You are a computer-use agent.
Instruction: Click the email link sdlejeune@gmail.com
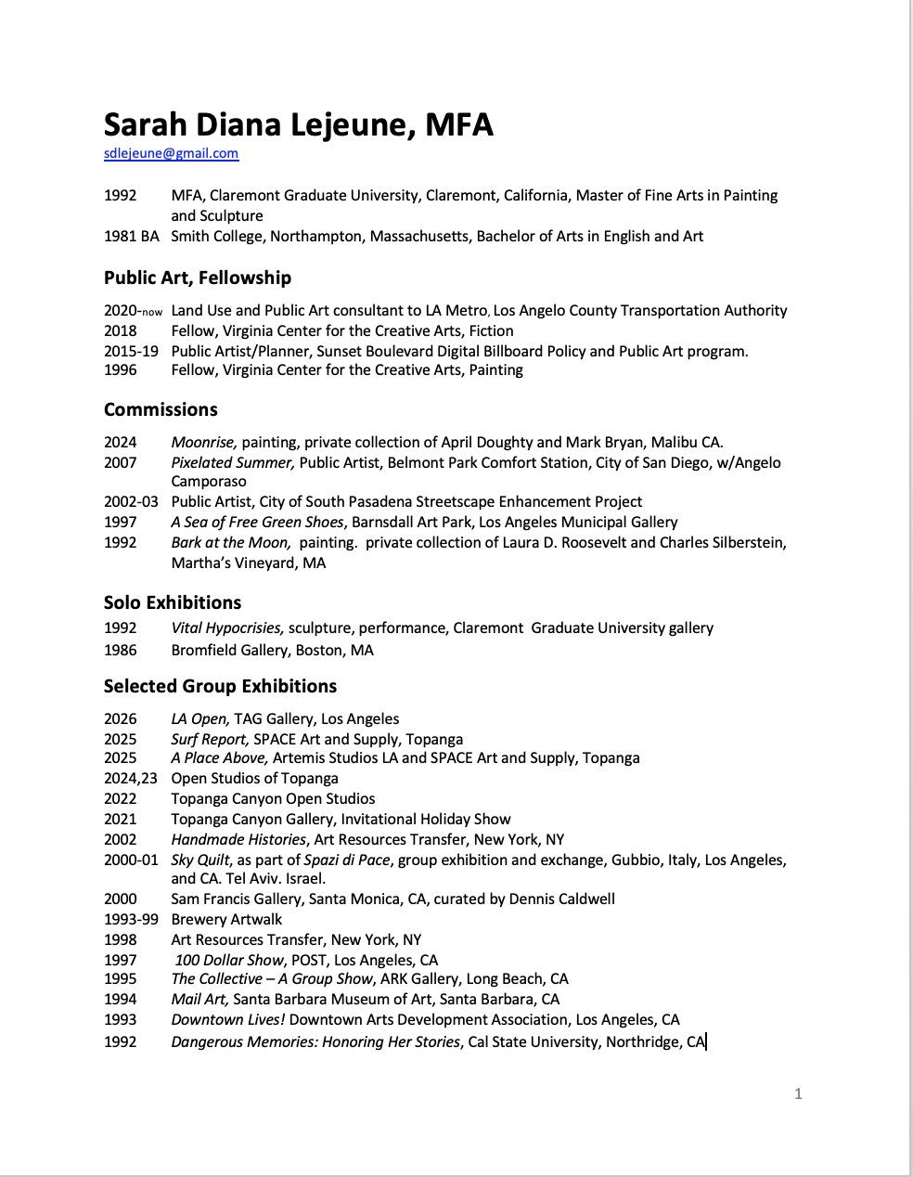coord(171,153)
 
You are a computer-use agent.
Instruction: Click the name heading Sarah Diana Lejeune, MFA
coord(298,124)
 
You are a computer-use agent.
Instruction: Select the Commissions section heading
coord(161,409)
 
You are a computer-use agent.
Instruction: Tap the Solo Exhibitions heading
coord(173,602)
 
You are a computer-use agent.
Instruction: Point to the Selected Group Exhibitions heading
coord(220,686)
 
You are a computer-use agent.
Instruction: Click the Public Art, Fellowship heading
coord(197,278)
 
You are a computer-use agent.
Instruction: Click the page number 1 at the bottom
coord(798,1093)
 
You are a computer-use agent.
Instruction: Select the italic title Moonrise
coord(203,442)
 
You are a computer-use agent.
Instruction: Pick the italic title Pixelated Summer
coord(233,462)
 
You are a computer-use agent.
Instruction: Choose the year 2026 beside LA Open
coord(121,718)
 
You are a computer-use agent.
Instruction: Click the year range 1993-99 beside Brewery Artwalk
coord(131,919)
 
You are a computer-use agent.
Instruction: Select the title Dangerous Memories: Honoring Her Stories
coord(315,1041)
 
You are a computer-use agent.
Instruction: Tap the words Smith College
coord(215,236)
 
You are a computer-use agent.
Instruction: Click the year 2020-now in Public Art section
coord(133,311)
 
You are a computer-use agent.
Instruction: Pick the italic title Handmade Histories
coord(238,839)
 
